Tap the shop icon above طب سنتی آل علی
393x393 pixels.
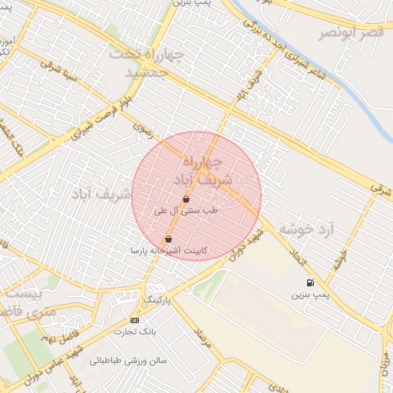187,199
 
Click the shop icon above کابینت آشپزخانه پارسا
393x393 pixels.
168,239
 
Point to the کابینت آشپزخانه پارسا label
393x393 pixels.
168,251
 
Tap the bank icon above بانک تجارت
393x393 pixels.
135,320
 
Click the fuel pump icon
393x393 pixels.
310,282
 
